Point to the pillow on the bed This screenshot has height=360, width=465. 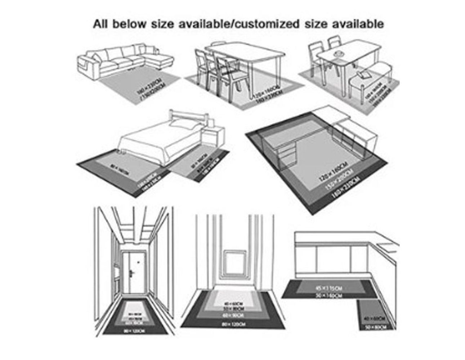182,124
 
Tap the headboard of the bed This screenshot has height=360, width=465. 189,117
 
